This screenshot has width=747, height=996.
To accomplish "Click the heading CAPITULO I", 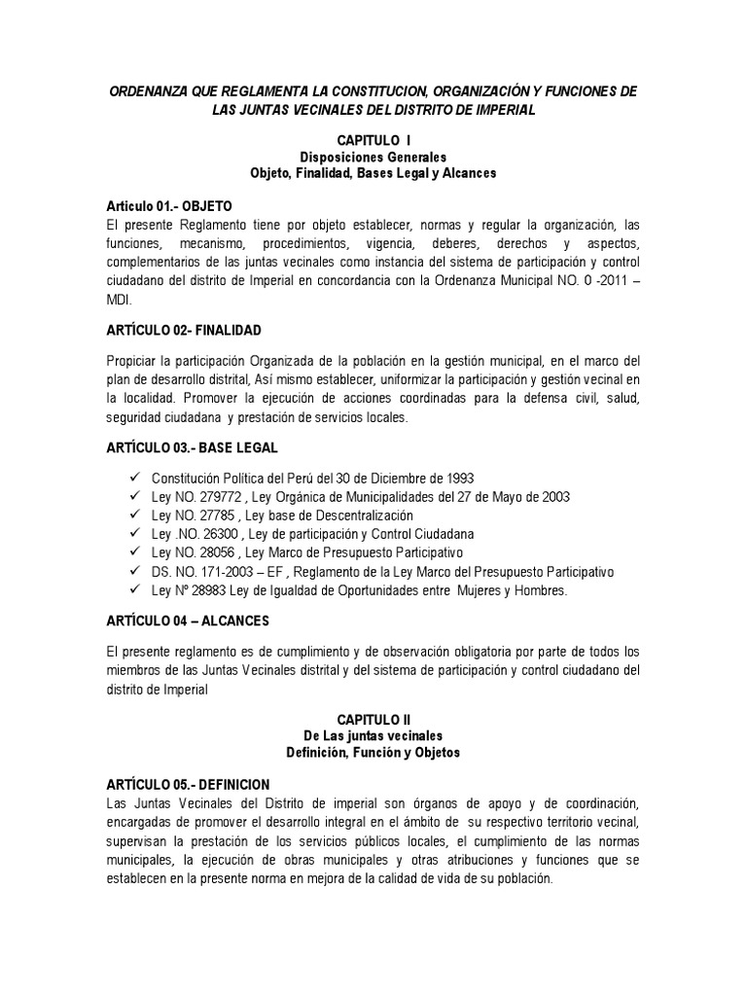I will (x=373, y=141).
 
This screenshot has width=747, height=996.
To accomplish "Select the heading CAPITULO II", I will (x=373, y=717).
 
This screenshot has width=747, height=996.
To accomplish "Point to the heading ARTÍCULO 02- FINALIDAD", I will (x=184, y=331).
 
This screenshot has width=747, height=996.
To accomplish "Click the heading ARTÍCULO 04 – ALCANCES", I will (x=188, y=620).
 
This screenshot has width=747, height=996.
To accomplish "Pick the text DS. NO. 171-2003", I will (x=198, y=572).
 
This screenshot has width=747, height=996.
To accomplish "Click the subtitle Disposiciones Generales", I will (x=373, y=157).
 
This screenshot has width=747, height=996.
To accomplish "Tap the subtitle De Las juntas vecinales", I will (x=373, y=734).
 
